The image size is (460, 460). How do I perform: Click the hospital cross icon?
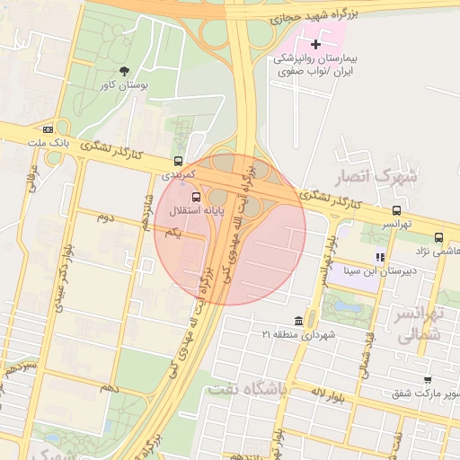coord(315,43)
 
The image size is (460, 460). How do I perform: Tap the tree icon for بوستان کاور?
coord(123,70)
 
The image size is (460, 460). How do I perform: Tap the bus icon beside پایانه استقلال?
coord(197,197)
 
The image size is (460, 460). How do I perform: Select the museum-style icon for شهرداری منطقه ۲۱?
coord(298,321)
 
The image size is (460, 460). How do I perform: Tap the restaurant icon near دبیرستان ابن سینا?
coord(380,257)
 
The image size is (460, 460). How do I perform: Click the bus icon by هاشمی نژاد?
coord(438,238)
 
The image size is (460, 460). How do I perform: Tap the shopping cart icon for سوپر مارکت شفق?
coord(427,381)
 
